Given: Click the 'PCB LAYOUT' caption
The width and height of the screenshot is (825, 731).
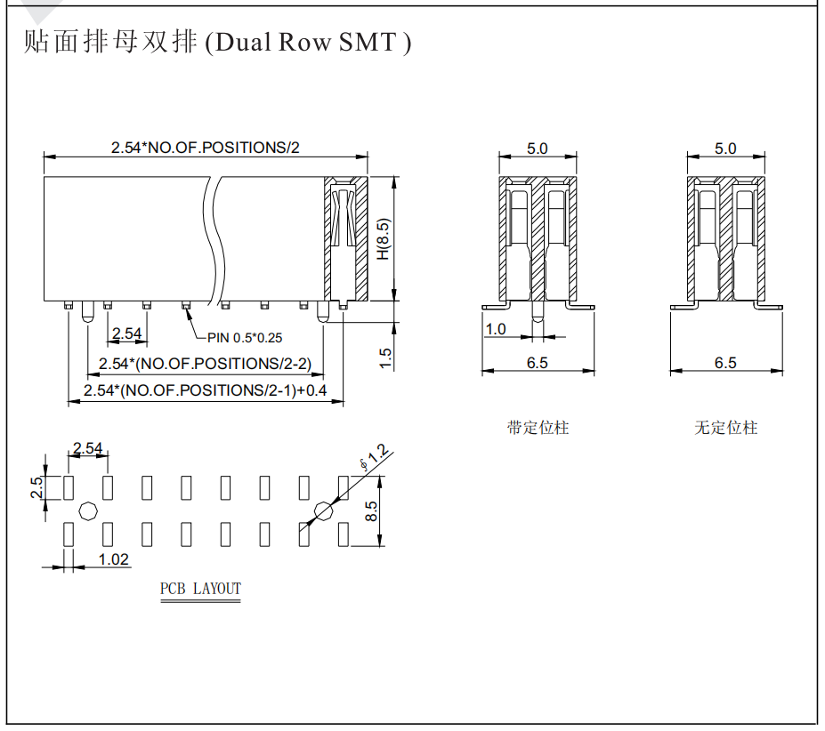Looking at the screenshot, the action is tap(200, 589).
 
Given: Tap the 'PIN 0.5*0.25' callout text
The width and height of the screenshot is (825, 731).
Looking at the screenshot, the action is tap(245, 338).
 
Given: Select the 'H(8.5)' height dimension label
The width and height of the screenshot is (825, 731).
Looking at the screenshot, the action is tap(384, 238).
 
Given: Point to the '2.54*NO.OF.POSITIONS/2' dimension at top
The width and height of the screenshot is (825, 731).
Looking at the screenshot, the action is tap(206, 148).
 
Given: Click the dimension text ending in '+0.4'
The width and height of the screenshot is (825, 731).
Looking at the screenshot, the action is tap(206, 390).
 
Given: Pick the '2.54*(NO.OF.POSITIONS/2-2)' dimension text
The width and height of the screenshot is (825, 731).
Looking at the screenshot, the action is tap(206, 364).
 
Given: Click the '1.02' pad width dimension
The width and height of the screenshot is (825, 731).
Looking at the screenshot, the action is tap(114, 559).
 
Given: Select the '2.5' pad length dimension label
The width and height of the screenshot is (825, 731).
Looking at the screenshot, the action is tap(36, 487).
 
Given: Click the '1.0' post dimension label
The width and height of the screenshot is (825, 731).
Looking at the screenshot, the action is tap(495, 330).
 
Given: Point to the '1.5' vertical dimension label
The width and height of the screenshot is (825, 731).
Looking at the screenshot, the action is tap(385, 358).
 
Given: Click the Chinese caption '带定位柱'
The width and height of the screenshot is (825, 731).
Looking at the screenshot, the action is tap(538, 428).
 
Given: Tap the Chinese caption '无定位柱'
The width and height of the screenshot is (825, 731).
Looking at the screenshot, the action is tap(725, 428).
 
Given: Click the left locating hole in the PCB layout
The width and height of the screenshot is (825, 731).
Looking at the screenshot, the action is tap(88, 510).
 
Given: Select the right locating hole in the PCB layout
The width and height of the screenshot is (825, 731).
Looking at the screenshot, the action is tap(324, 510).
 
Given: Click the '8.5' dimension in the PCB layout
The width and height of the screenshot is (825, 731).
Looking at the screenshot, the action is tap(371, 511).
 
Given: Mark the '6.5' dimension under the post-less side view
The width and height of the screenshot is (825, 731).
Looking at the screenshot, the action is tap(725, 363).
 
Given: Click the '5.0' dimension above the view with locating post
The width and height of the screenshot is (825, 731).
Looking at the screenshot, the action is tap(538, 149).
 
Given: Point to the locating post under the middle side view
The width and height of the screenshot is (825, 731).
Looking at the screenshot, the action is tap(538, 311).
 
